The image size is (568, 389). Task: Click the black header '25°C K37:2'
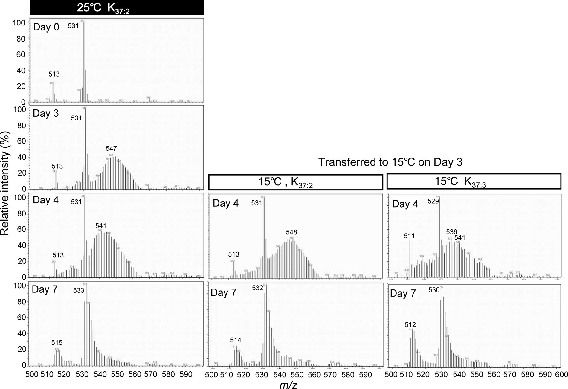[x=117, y=7]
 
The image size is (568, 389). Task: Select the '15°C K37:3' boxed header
[x=474, y=182]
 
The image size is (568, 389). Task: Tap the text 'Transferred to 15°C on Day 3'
[x=390, y=162]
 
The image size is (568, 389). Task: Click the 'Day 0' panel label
[x=46, y=27]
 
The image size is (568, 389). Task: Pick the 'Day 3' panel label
[x=46, y=113]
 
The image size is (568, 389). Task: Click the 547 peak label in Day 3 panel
[x=111, y=148]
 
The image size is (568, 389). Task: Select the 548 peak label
[x=291, y=232]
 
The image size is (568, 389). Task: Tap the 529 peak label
[x=433, y=201]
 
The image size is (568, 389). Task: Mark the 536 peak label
[x=452, y=232]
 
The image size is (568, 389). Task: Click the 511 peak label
[x=410, y=236]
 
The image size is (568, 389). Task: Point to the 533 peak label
[x=79, y=290]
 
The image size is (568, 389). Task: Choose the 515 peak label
[x=57, y=343]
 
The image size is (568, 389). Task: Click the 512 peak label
[x=410, y=325]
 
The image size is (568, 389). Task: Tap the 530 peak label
[x=434, y=290]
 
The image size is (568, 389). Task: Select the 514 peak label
[x=236, y=340]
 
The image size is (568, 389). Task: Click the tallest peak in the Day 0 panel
[x=84, y=60]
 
